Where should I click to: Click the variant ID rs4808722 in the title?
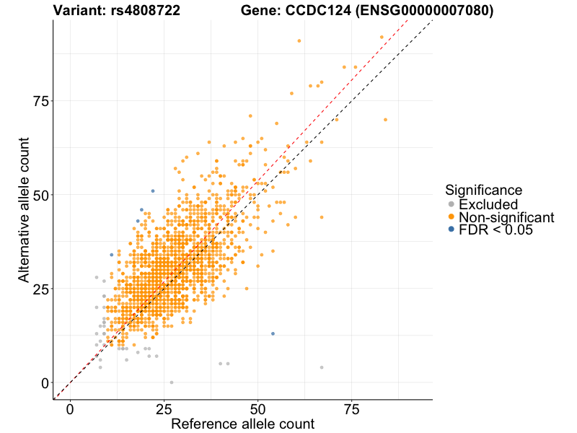(x=147, y=11)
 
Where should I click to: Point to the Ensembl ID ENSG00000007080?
(x=420, y=11)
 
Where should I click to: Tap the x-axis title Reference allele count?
(x=242, y=424)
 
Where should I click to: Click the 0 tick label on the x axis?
(x=70, y=410)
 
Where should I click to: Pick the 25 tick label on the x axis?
(x=164, y=410)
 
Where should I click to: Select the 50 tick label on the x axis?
(x=257, y=410)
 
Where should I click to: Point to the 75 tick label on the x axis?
(x=351, y=410)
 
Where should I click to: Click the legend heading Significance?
(x=483, y=190)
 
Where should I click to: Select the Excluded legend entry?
(x=488, y=204)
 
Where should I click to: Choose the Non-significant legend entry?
(x=506, y=217)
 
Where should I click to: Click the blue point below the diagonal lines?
(x=273, y=333)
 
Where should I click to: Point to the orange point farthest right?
(x=385, y=119)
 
